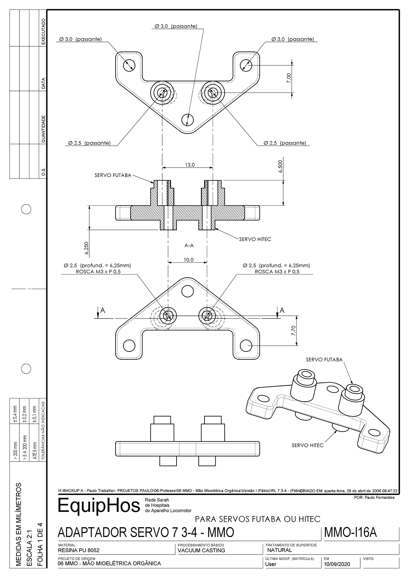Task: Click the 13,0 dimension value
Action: [190, 165]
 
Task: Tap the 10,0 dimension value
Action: [188, 260]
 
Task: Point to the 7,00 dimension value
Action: [289, 78]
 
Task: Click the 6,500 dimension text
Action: [281, 167]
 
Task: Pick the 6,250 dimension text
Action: [87, 248]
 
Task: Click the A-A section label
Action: [189, 245]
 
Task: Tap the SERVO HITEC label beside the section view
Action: [255, 239]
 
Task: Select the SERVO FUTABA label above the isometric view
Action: [324, 359]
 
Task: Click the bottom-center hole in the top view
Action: [187, 120]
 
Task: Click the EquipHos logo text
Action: [99, 505]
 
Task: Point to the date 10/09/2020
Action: [337, 564]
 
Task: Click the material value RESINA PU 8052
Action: [79, 550]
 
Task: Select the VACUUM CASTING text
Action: [201, 550]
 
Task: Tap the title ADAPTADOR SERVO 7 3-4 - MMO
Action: [146, 532]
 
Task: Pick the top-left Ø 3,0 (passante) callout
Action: [80, 39]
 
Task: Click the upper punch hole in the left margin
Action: [26, 209]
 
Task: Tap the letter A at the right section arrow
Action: [282, 310]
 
